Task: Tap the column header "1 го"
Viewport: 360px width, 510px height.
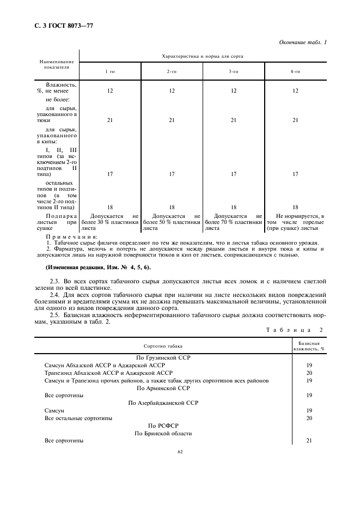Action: (110, 71)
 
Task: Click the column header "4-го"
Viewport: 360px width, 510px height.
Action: (295, 71)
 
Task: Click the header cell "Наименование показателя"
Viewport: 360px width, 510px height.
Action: (57, 65)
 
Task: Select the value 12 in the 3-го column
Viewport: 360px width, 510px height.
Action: (234, 91)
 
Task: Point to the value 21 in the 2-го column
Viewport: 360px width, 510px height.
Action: (172, 120)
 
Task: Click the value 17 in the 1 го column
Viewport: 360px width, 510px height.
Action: (110, 174)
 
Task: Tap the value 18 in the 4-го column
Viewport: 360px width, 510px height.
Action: (295, 208)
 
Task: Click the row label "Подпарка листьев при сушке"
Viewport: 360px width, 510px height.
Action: (57, 222)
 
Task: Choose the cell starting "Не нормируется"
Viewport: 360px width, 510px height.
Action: (296, 222)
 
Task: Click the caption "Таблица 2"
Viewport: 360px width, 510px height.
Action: (294, 330)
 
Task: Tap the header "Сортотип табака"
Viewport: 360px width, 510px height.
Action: (163, 345)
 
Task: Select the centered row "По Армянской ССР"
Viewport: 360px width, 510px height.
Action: (163, 388)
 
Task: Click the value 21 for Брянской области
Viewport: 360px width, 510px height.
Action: (309, 440)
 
